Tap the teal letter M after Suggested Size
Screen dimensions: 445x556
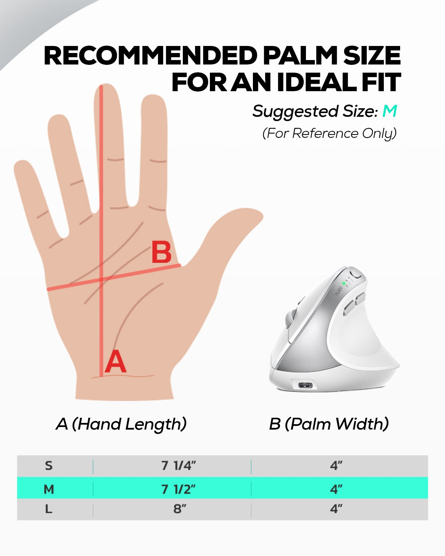390,111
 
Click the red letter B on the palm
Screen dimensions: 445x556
161,252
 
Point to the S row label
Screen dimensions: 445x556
49,466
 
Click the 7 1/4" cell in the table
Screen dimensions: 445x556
178,466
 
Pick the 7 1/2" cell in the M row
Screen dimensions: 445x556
178,489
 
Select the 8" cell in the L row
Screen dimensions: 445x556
180,509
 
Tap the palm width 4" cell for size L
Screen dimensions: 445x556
336,509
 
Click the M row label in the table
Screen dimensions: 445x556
49,489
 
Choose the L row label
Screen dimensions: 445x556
49,509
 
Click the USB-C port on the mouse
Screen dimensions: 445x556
306,385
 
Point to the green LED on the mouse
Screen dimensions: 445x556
344,284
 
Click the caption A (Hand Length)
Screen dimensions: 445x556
121,424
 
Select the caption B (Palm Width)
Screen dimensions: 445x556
329,424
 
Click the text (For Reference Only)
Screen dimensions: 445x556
329,133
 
